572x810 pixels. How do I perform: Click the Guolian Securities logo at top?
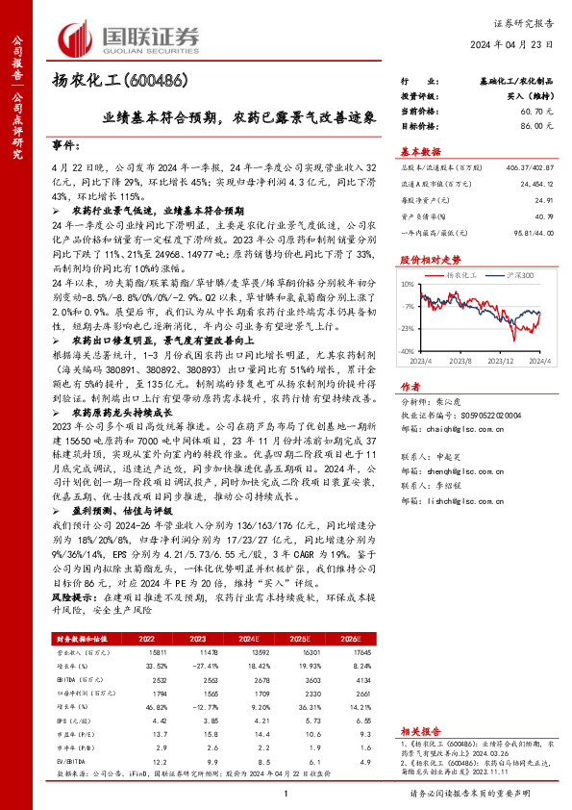(131, 38)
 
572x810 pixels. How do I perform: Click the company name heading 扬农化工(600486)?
(118, 80)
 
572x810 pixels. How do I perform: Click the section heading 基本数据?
(419, 152)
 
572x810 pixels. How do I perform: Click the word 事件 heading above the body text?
(65, 143)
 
